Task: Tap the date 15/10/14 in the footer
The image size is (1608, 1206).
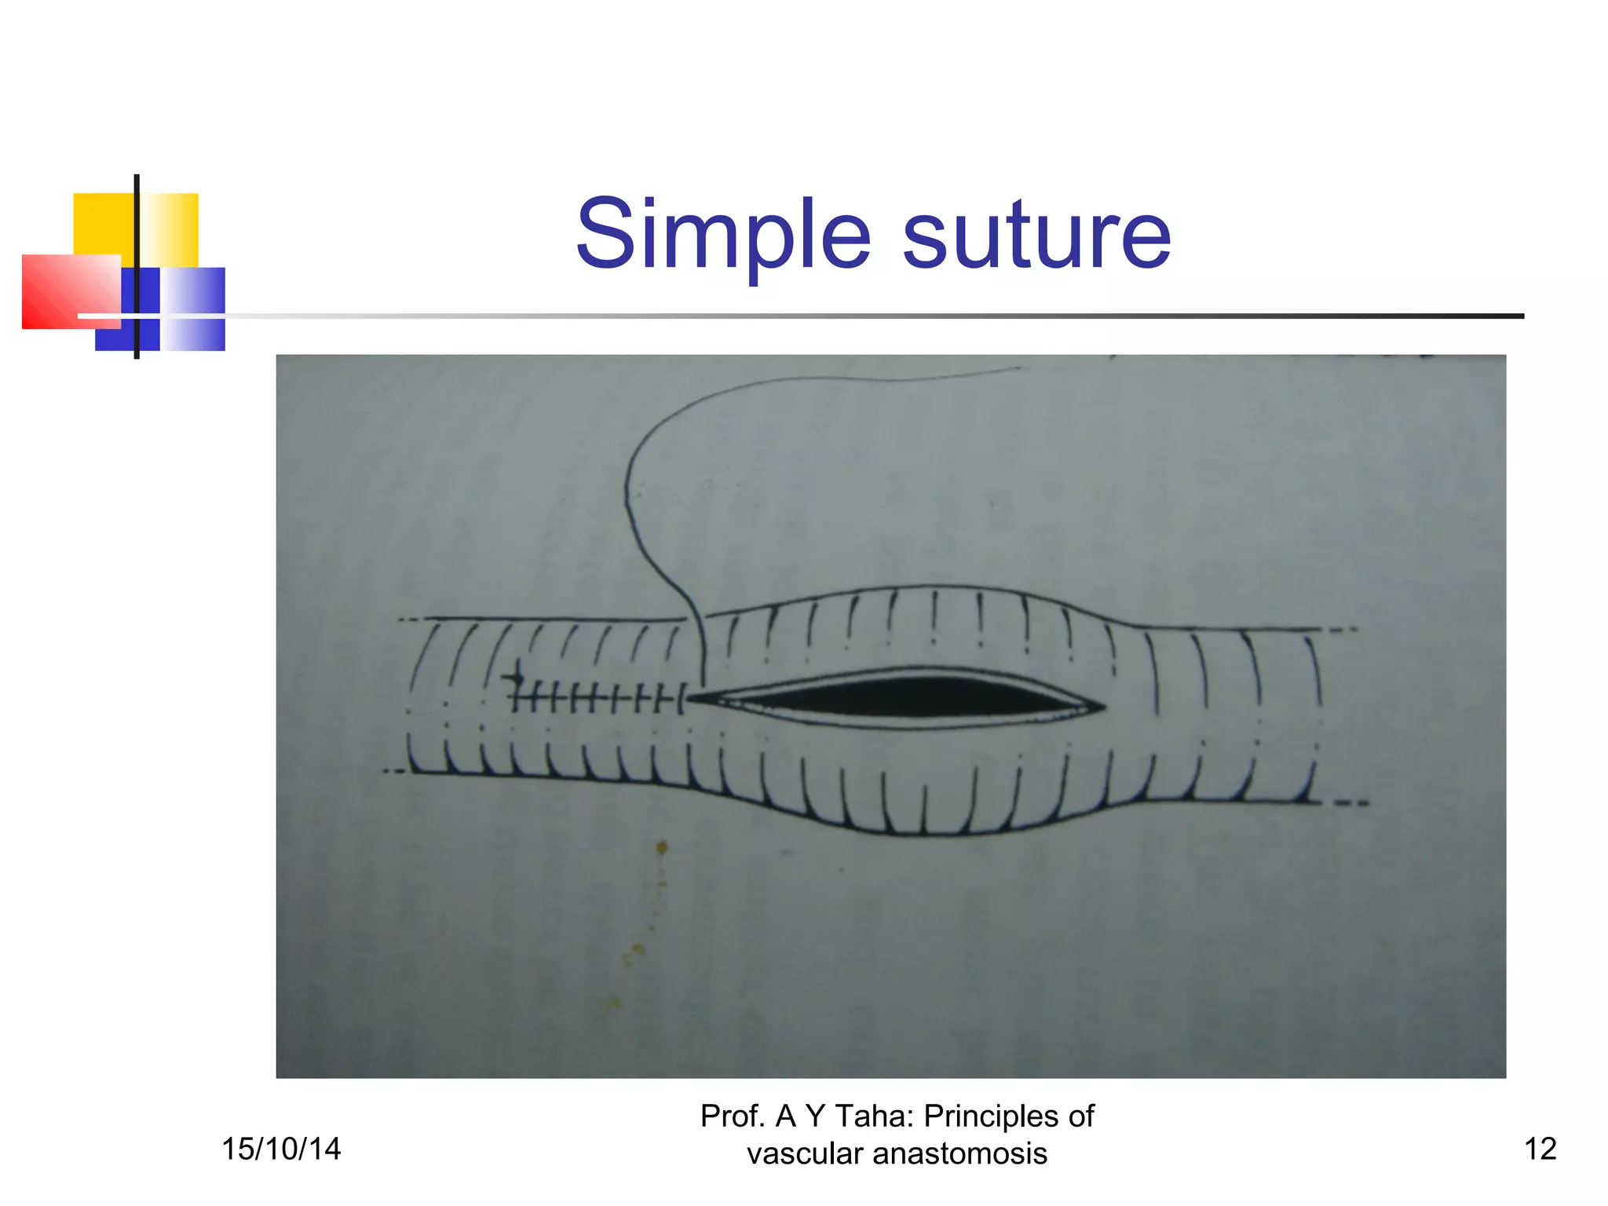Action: coord(281,1149)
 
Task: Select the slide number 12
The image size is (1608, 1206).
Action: coord(1540,1149)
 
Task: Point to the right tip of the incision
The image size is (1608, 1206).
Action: coord(1103,707)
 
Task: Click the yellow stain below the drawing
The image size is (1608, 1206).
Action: coord(662,848)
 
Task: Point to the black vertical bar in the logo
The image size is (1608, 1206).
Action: coord(137,267)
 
